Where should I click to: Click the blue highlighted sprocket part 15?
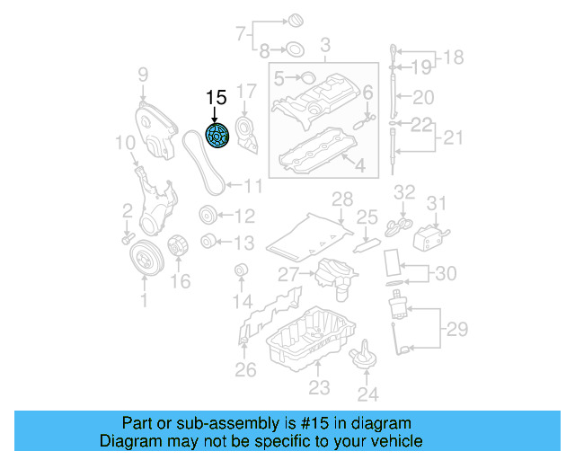pyautogui.click(x=217, y=137)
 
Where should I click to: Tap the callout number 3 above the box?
pyautogui.click(x=324, y=44)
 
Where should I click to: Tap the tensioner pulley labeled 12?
pyautogui.click(x=208, y=215)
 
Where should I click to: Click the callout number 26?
pyautogui.click(x=245, y=369)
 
